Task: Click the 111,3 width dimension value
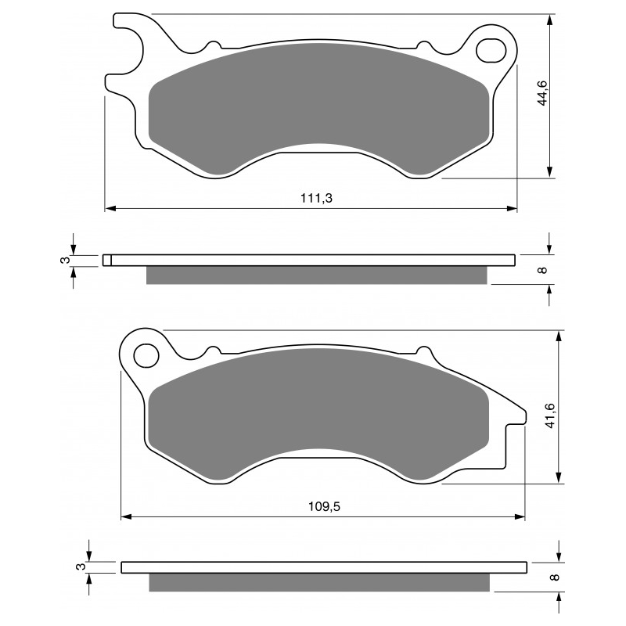[316, 199]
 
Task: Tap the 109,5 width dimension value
[324, 506]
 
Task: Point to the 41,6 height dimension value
[550, 415]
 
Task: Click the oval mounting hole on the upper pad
[491, 49]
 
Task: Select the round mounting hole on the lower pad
[145, 355]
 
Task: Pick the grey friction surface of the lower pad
[317, 415]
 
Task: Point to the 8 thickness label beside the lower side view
[553, 577]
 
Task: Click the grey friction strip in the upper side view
[317, 275]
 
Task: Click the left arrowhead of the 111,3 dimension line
[110, 209]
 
